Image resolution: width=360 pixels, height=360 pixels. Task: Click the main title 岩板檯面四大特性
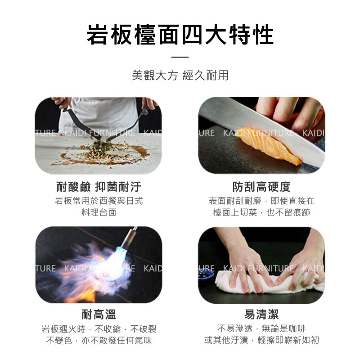(x=180, y=35)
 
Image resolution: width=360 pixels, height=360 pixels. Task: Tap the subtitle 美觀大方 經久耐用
(x=180, y=75)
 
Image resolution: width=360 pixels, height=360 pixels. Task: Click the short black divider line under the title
(x=180, y=57)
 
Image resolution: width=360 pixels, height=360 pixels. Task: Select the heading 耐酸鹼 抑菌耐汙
(x=99, y=186)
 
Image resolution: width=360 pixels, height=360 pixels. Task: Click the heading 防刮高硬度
(x=261, y=186)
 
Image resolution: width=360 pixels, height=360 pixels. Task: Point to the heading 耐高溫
(x=99, y=314)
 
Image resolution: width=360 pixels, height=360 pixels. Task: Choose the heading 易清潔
(x=261, y=314)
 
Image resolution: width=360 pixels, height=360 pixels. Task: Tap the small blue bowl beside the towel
(x=206, y=275)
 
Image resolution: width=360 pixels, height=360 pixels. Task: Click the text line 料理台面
(x=99, y=212)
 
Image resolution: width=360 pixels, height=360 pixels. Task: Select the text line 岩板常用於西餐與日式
(x=99, y=201)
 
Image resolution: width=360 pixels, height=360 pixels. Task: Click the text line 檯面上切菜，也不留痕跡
(x=261, y=212)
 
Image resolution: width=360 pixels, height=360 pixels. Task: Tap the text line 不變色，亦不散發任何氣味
(x=99, y=340)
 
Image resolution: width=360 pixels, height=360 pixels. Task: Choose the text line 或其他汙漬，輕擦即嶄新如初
(x=261, y=340)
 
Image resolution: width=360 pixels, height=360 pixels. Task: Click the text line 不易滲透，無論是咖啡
(x=261, y=328)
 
